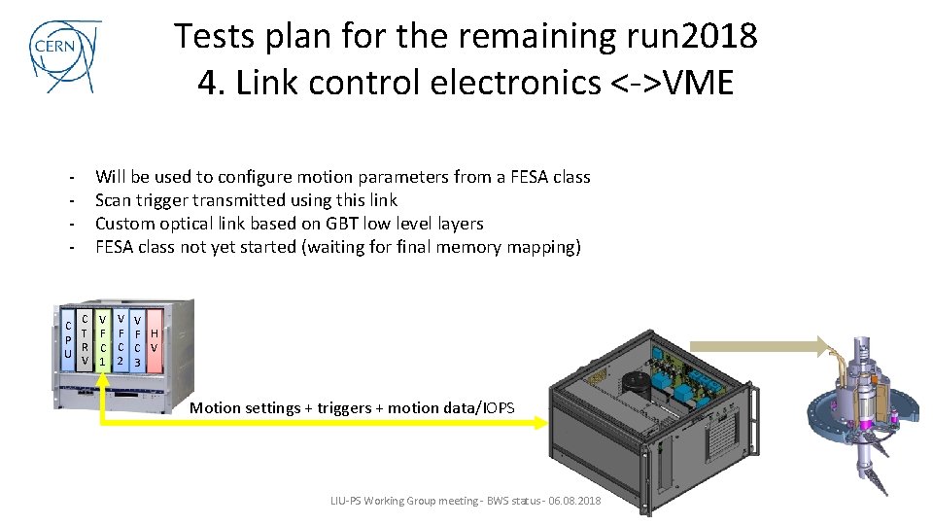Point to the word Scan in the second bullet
tap(113, 200)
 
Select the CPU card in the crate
tap(67, 340)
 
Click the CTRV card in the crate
tap(86, 340)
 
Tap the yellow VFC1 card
tap(103, 340)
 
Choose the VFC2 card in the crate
tap(121, 340)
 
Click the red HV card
tap(155, 340)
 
